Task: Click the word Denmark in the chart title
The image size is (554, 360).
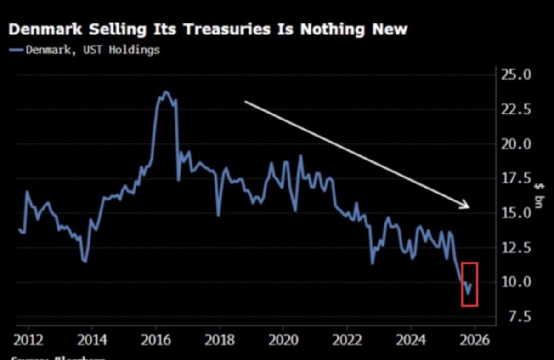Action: pyautogui.click(x=45, y=29)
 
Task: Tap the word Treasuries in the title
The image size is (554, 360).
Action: pyautogui.click(x=237, y=29)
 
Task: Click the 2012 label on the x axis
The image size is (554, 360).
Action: pyautogui.click(x=28, y=341)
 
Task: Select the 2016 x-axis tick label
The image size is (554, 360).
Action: pyautogui.click(x=156, y=341)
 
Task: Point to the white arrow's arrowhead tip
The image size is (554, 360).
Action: pyautogui.click(x=469, y=206)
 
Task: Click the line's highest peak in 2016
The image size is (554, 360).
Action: pyautogui.click(x=165, y=91)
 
